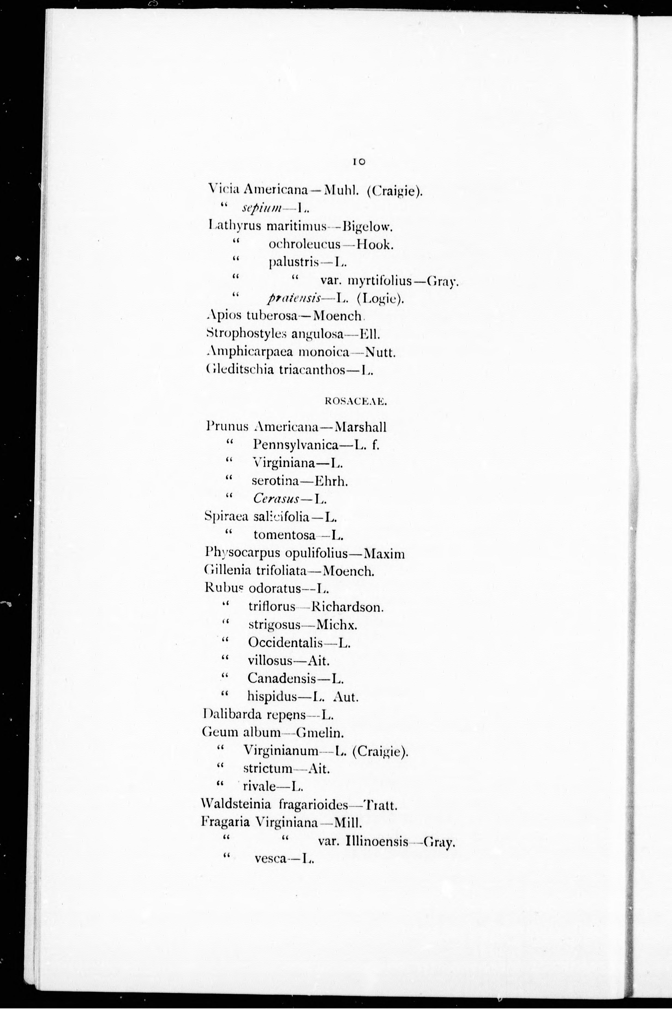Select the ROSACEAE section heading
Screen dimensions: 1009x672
pos(356,402)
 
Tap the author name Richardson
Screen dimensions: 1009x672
pos(347,607)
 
